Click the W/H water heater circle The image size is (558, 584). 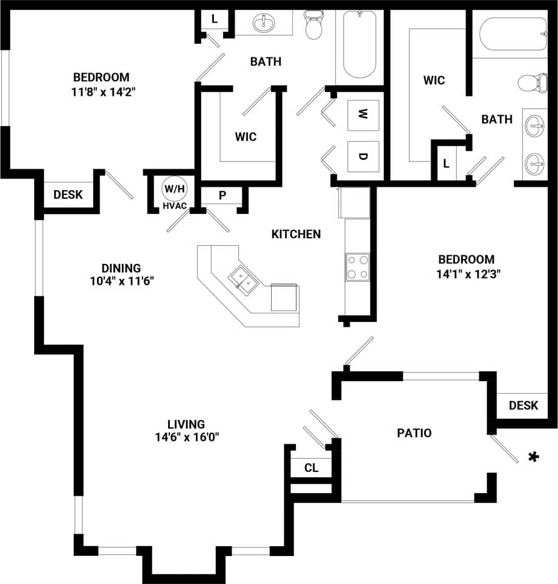174,189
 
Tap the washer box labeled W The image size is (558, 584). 362,114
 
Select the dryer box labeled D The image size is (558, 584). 362,156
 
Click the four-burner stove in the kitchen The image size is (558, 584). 358,267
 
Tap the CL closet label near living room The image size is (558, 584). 311,468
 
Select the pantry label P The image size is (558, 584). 222,196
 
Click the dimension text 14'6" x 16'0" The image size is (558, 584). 186,436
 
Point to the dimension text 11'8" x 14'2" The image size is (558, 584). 101,92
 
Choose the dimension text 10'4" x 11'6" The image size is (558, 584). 121,281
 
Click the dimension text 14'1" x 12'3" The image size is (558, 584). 465,274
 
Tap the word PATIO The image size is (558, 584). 414,433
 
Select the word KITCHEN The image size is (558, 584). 296,234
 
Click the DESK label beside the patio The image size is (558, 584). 523,405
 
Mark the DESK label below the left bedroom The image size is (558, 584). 68,195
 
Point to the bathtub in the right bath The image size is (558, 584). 513,34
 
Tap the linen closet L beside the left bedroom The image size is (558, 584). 214,19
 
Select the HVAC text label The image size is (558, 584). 174,207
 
